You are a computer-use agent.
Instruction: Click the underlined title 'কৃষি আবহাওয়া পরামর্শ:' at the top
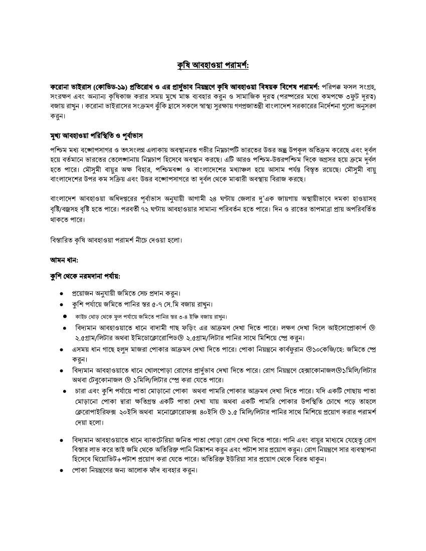(213, 66)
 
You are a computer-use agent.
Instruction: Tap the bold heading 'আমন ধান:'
(64, 259)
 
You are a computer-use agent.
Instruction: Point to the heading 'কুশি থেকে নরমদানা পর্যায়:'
(85, 276)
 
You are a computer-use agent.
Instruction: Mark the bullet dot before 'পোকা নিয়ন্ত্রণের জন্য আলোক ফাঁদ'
(61, 470)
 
